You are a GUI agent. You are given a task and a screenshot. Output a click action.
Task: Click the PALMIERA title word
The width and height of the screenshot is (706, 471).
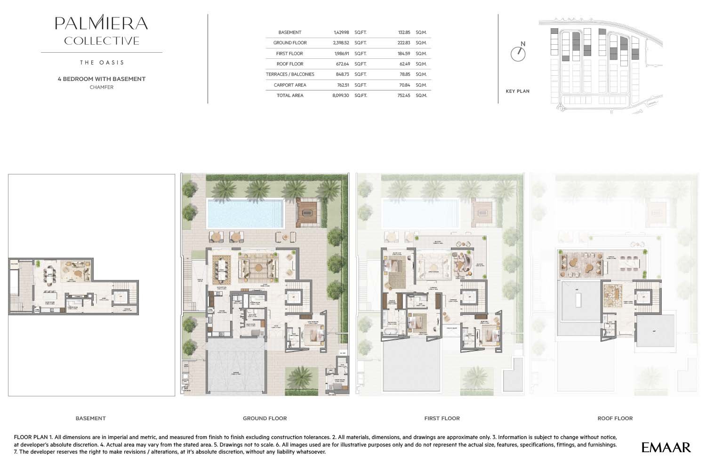pos(101,23)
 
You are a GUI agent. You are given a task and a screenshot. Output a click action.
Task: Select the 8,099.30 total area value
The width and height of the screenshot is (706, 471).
pos(340,96)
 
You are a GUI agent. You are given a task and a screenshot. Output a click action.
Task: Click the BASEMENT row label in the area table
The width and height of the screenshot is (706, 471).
pos(289,32)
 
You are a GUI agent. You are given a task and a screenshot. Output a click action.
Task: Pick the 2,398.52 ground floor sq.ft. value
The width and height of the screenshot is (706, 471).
pos(341,43)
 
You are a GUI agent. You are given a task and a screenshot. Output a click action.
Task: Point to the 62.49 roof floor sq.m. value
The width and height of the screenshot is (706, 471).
pos(404,64)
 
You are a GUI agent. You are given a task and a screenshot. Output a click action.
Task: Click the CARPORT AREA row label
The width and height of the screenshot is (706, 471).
pos(289,85)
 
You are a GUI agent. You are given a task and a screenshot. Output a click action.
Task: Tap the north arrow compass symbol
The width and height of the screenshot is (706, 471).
pos(518,54)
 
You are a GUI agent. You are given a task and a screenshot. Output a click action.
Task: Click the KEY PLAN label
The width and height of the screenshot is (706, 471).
pos(517,91)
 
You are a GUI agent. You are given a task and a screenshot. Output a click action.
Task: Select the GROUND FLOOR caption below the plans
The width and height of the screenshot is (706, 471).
pos(265,418)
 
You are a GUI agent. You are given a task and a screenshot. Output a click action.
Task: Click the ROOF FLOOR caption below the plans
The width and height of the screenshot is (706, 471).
pos(615,418)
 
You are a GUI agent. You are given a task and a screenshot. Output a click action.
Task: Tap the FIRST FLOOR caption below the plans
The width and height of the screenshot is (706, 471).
pos(441,418)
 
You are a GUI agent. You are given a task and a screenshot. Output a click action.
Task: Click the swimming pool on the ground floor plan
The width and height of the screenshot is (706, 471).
pos(245,213)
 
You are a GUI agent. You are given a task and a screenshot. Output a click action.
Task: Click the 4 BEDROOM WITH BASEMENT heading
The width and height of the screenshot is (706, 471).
pos(101,79)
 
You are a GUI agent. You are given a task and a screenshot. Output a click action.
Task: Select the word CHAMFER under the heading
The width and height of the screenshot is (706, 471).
pos(101,87)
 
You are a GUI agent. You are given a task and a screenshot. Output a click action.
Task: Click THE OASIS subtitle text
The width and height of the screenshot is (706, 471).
pos(102,63)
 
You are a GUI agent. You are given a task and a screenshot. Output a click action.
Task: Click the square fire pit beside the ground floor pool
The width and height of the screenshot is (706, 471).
pos(308,212)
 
